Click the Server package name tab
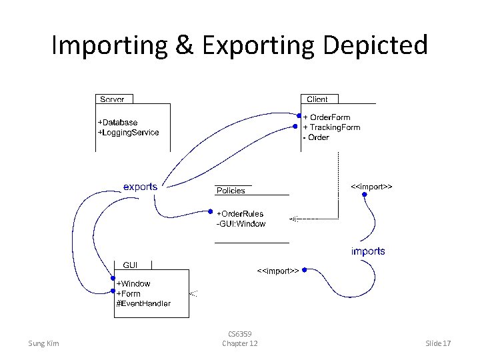(x=112, y=99)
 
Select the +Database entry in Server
(x=118, y=123)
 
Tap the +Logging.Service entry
(x=129, y=132)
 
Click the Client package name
(x=317, y=99)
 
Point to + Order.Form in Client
(x=327, y=117)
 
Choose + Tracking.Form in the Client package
(x=331, y=127)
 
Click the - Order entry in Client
(x=316, y=137)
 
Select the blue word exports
(x=140, y=187)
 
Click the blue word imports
(x=368, y=251)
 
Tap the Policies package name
(x=231, y=191)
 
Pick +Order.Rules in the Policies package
(x=240, y=214)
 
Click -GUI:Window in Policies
(x=241, y=224)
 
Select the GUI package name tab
(x=131, y=265)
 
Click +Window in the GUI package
(x=133, y=283)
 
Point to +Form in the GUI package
(x=129, y=293)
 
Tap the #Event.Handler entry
(x=143, y=303)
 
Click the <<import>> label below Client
(x=371, y=187)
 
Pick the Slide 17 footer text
(x=439, y=343)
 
